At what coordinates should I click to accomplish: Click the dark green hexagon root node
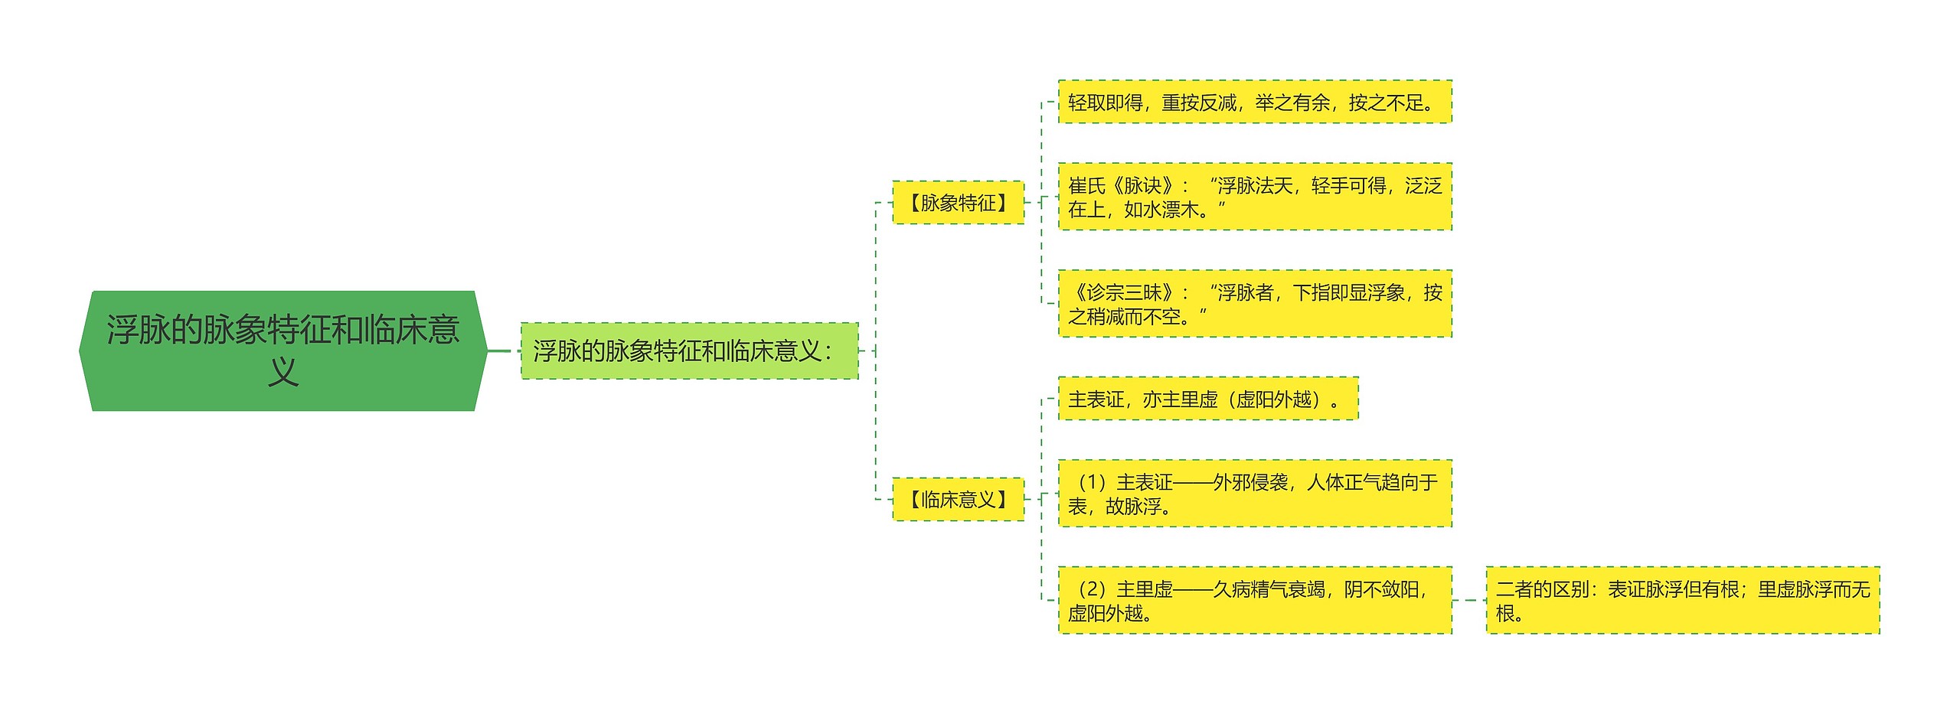tap(283, 350)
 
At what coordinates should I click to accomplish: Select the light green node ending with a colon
tap(688, 351)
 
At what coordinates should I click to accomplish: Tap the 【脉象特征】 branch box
tap(958, 203)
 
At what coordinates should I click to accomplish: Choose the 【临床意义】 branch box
tap(958, 500)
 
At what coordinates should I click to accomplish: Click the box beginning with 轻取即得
tap(1254, 102)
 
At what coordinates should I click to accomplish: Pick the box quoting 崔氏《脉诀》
tap(1254, 197)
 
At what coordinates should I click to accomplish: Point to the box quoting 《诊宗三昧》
tap(1254, 304)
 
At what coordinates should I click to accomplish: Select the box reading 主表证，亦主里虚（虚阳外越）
tap(1207, 399)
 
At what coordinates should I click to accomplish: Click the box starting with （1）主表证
tap(1254, 494)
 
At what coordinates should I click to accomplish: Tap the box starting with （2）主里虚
tap(1254, 601)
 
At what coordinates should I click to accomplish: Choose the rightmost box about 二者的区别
tap(1682, 601)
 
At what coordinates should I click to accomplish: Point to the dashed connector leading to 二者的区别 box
tap(1468, 600)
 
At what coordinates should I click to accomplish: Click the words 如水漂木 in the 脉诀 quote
tap(1161, 210)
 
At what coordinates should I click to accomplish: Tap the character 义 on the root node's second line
tap(283, 373)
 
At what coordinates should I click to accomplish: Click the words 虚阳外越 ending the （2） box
tap(1105, 614)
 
